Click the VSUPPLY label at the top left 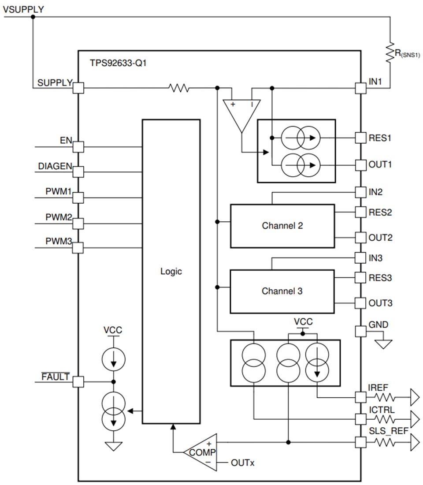pos(23,8)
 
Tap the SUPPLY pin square pos(78,88)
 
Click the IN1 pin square pos(360,88)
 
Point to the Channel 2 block pos(282,226)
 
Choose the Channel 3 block pos(282,291)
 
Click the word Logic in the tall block pos(171,272)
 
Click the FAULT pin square pos(78,381)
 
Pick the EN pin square pos(78,146)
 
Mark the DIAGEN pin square pos(78,172)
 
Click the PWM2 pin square pos(78,224)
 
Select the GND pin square pos(360,331)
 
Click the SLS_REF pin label pos(388,430)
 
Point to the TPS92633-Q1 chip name pos(118,63)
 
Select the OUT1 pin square pos(360,164)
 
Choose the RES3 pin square pos(360,278)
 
